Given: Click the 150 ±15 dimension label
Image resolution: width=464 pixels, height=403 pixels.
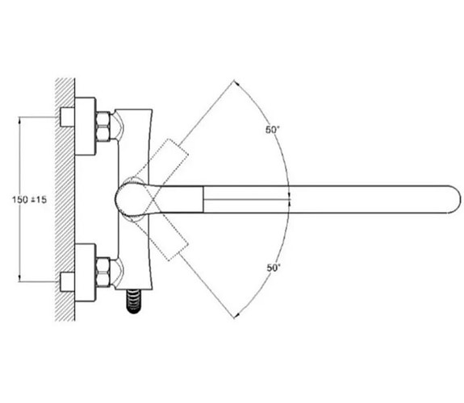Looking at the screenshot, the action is pos(29,200).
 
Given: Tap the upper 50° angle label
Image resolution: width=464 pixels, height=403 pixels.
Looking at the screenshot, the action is pos(273,130).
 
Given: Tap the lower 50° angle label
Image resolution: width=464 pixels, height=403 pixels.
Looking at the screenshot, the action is pos(274,268).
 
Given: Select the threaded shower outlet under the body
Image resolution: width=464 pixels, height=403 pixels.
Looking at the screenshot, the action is pos(134,301).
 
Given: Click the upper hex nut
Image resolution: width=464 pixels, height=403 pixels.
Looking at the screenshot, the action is pos(103,127).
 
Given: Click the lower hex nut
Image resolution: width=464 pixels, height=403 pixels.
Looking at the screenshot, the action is pos(103,272).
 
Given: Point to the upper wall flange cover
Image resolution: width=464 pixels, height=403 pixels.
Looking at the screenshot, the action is pos(86,127).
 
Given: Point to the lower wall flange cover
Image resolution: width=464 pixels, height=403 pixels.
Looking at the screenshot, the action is pos(86,272).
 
